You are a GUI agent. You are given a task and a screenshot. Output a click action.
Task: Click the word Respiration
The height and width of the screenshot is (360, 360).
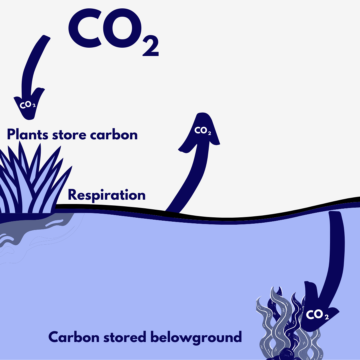[x=107, y=195]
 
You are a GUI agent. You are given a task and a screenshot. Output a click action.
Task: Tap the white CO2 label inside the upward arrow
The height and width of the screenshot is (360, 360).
[x=203, y=131]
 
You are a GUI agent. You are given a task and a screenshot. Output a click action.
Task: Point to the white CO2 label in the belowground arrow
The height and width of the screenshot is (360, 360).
[x=317, y=314]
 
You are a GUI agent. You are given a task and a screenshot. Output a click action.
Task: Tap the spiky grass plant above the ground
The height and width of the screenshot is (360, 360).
[x=30, y=187]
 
